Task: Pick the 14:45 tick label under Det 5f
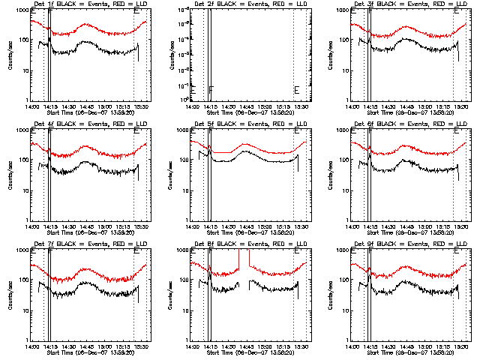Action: click(x=247, y=225)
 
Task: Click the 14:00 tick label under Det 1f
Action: click(x=31, y=105)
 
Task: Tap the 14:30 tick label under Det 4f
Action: click(x=69, y=225)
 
